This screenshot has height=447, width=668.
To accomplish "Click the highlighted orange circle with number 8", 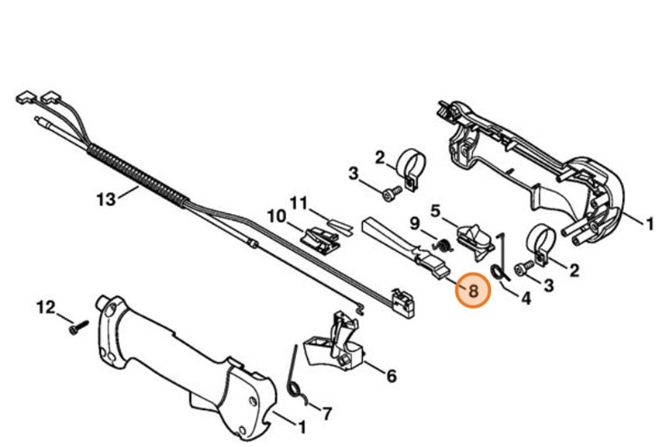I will click(471, 292).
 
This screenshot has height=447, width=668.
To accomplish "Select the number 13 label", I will click(107, 198).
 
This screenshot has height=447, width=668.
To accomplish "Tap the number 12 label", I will click(46, 308).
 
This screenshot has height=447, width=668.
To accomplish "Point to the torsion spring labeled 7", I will click(296, 379).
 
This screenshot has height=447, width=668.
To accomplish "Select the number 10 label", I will click(276, 217).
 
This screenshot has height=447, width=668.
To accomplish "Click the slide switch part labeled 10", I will click(322, 237).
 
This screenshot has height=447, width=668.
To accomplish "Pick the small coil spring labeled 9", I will click(443, 244).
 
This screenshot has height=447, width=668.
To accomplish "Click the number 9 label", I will click(415, 222).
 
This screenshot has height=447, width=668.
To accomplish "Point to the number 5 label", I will click(435, 210).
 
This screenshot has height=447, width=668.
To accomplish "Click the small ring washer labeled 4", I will click(496, 271).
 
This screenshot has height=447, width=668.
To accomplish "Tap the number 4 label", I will click(524, 296).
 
